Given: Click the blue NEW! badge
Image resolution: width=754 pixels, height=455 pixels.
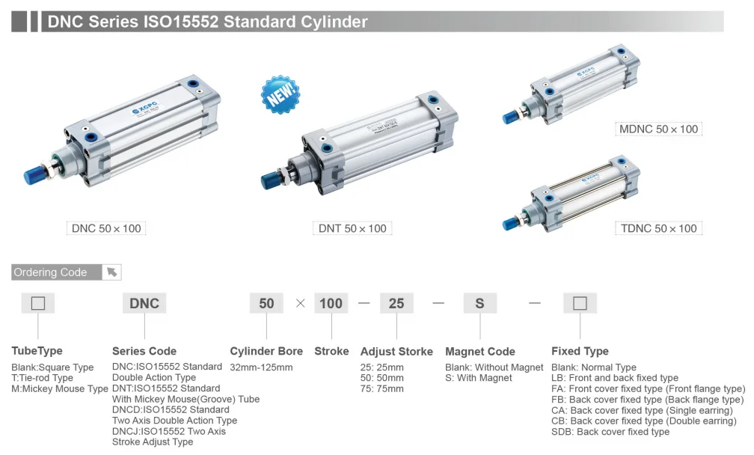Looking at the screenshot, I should pos(280,94).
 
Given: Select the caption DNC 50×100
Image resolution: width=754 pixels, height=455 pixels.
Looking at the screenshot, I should pos(105,228).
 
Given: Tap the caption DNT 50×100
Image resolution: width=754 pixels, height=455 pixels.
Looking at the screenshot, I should pos(352,228).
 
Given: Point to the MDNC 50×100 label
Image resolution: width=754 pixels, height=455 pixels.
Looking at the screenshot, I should pos(658,129).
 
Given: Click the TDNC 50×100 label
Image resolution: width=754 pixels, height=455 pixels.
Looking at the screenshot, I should pos(658,228).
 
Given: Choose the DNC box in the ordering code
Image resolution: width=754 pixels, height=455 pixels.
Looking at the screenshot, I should pos(144,303).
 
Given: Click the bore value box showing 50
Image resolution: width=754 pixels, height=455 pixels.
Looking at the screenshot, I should pos(266,303).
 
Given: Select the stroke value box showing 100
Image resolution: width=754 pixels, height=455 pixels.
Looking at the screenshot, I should pos(331,303).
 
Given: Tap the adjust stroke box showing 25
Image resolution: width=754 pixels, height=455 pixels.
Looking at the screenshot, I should pos(396,303).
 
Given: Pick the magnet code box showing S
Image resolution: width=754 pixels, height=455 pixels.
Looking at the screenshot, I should pos(479,303).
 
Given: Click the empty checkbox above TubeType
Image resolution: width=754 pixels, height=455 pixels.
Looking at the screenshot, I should pos(38,303).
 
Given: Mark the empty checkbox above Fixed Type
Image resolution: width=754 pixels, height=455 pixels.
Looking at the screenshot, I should pos(580,303).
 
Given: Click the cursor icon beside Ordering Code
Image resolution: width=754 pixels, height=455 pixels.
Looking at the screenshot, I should pos(111,272).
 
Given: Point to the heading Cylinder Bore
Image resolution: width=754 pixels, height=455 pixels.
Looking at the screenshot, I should pos(266,351).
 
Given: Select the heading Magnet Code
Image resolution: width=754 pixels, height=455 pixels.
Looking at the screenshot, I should pos(479,351).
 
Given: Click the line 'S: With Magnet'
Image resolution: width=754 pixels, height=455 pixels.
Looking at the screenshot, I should pos(479,378).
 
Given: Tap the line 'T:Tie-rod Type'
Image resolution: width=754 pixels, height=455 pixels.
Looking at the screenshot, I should pos(43,378).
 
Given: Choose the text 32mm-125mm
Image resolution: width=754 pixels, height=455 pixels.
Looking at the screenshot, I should pos(261,367).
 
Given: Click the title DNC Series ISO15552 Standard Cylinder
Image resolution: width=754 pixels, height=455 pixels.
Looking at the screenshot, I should pos(208,22).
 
